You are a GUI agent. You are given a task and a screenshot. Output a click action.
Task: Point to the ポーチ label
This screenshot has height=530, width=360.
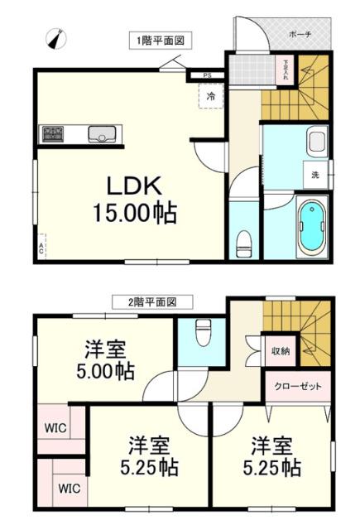pos(300,36)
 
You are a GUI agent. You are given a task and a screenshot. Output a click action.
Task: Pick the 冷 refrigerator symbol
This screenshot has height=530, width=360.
pos(210,97)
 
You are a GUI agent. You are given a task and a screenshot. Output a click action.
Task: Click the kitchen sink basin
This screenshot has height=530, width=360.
pos(103,132)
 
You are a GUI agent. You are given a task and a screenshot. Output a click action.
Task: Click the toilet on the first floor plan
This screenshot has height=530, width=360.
pos(243,241)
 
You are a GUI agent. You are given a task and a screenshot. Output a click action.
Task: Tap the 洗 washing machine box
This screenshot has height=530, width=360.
pos(315,175)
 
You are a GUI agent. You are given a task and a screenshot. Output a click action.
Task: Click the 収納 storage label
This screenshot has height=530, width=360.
pos(281,351)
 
